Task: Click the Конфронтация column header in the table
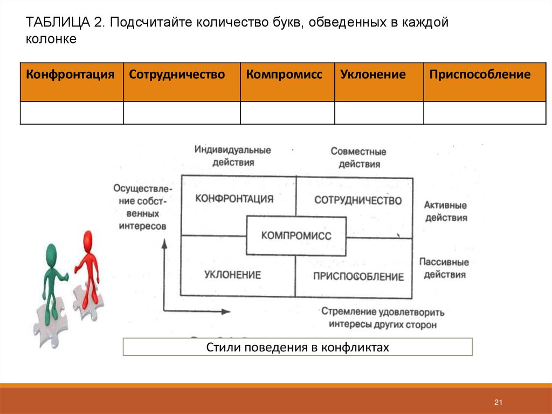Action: pyautogui.click(x=71, y=74)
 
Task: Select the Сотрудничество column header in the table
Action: pyautogui.click(x=177, y=74)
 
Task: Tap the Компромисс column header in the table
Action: pyautogui.click(x=285, y=74)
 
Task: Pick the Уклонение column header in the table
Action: pyautogui.click(x=373, y=74)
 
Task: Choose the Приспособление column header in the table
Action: pyautogui.click(x=480, y=74)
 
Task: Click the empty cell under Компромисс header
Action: pyautogui.click(x=287, y=113)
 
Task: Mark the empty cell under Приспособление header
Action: pyautogui.click(x=485, y=113)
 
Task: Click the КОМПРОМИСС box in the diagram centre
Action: pyautogui.click(x=296, y=236)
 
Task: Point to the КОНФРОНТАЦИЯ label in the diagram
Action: pyautogui.click(x=234, y=199)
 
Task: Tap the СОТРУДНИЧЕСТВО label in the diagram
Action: pyautogui.click(x=358, y=201)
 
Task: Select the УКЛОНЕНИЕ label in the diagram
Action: pyautogui.click(x=232, y=275)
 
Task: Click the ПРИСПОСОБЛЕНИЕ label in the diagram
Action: pyautogui.click(x=358, y=277)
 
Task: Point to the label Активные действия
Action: pyautogui.click(x=445, y=212)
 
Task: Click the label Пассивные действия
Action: pyautogui.click(x=444, y=268)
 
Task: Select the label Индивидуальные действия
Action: pyautogui.click(x=233, y=155)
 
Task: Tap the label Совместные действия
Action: pyautogui.click(x=359, y=158)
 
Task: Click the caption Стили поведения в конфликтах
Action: pyautogui.click(x=298, y=347)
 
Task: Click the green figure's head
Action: pyautogui.click(x=52, y=252)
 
